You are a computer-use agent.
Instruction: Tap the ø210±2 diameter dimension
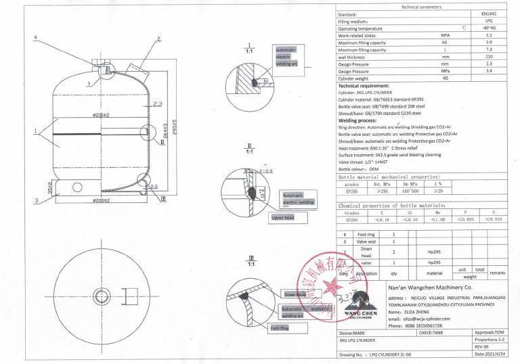(102, 114)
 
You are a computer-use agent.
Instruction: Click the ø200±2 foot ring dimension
(102, 201)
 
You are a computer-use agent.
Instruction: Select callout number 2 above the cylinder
(158, 39)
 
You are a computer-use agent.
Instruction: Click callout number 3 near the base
(36, 200)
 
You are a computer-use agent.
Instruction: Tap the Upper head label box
(288, 218)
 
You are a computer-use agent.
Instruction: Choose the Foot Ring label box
(280, 328)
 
